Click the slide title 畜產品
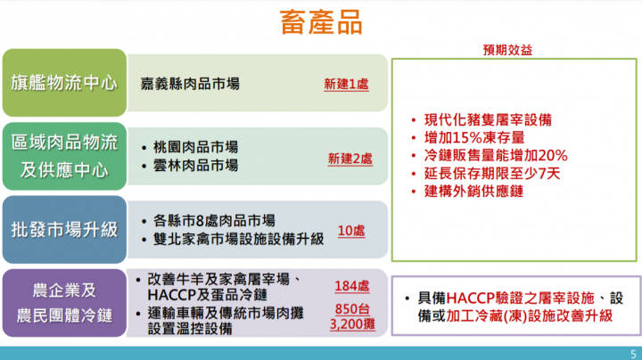(x=321, y=21)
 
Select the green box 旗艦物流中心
(x=63, y=84)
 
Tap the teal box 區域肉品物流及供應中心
(x=63, y=155)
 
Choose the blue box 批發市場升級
(x=63, y=230)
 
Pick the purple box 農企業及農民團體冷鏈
(x=63, y=303)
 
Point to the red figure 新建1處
(x=346, y=85)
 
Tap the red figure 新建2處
(x=350, y=159)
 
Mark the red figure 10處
(x=351, y=231)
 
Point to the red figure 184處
(x=352, y=286)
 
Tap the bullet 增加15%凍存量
(x=473, y=137)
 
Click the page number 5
(x=632, y=352)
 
